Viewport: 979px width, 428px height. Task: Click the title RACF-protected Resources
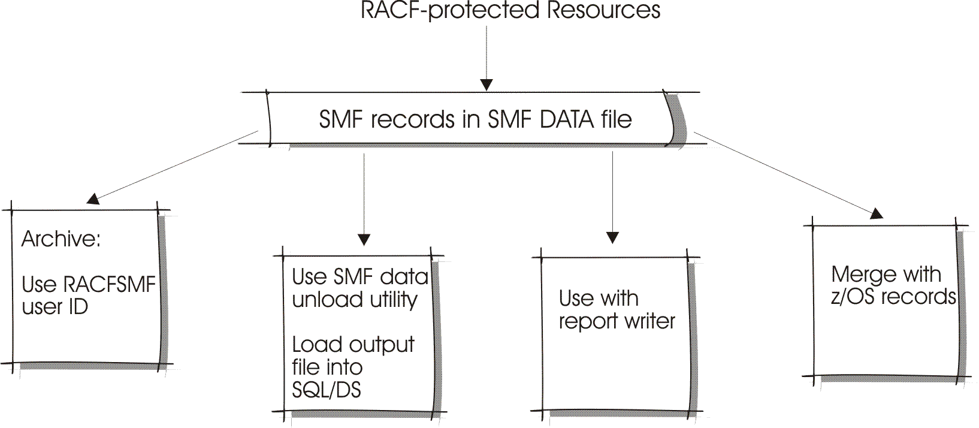point(510,11)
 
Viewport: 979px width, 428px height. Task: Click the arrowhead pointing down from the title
point(487,84)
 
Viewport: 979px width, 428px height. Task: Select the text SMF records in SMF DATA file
point(475,119)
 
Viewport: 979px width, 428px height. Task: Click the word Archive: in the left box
point(61,239)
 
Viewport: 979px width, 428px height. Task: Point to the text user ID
point(55,307)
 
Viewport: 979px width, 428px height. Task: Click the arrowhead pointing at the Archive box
point(93,199)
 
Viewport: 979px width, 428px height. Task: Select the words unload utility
point(354,299)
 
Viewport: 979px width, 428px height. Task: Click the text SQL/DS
point(327,390)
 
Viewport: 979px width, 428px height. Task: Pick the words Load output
point(353,345)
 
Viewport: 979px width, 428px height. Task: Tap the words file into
point(327,367)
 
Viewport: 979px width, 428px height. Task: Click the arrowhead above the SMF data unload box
point(364,239)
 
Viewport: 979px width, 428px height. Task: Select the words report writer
point(617,321)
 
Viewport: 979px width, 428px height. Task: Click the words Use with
point(598,298)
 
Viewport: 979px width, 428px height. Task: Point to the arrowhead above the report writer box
point(612,237)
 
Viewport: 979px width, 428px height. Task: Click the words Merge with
point(886,275)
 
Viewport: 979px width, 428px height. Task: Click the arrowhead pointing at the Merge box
point(877,213)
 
